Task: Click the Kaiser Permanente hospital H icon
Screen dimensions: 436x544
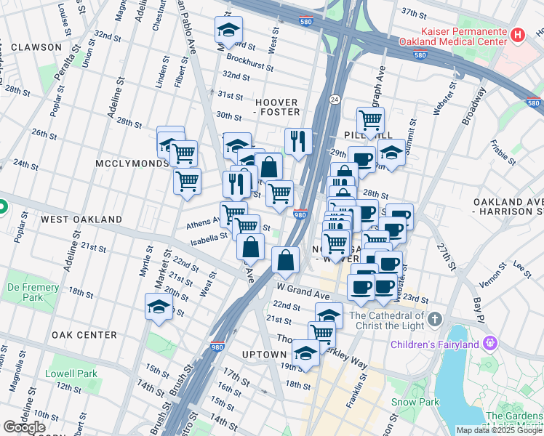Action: click(517, 34)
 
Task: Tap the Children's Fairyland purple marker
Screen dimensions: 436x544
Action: click(491, 342)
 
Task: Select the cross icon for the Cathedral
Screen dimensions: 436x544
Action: click(434, 320)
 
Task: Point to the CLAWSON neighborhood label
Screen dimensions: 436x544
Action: click(36, 47)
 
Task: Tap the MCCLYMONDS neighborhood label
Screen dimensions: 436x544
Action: click(132, 164)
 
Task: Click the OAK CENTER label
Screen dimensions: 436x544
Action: click(84, 335)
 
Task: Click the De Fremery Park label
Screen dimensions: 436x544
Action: click(33, 292)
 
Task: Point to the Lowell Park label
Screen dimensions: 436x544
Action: click(71, 374)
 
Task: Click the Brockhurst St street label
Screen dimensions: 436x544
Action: click(249, 62)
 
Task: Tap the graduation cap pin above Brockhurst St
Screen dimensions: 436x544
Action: click(228, 31)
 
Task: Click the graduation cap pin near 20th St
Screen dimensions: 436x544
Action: click(158, 307)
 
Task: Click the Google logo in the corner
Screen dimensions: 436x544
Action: click(25, 427)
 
